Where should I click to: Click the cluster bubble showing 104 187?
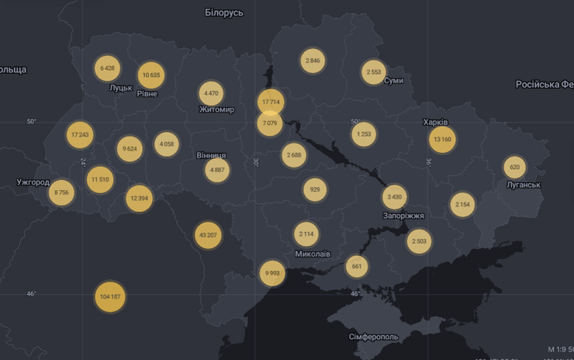click(110, 297)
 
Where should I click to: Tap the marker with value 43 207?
click(208, 235)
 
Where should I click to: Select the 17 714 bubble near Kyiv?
click(270, 102)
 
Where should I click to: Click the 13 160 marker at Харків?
click(442, 140)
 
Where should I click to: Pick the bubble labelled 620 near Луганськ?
click(514, 168)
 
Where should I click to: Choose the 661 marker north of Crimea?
click(356, 267)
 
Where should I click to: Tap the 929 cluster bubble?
click(314, 190)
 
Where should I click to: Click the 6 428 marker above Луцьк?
click(107, 68)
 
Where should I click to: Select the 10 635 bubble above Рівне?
click(151, 75)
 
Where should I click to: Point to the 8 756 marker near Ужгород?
click(61, 192)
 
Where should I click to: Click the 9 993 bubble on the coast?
click(272, 273)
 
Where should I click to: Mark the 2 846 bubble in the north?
click(313, 61)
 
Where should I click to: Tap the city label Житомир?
click(216, 109)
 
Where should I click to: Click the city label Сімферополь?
click(373, 337)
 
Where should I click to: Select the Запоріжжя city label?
click(403, 216)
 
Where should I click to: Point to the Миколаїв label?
click(313, 254)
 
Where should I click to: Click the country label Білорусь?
click(224, 12)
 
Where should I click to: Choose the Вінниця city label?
click(211, 155)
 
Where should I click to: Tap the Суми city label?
click(393, 81)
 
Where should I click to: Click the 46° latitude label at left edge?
click(31, 293)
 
